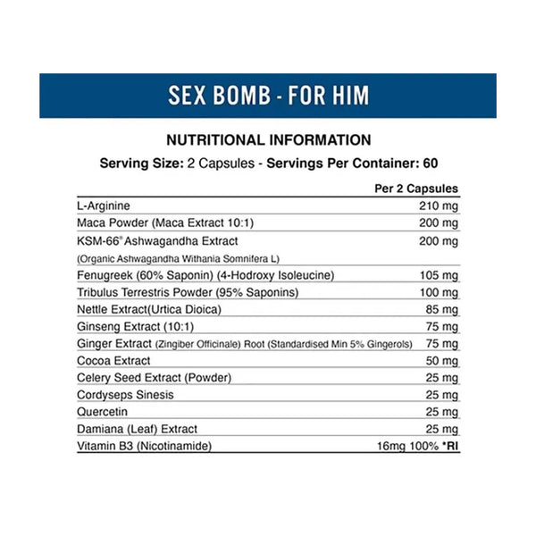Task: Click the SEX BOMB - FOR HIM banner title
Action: tap(268, 95)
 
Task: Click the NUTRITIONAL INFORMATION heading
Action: tap(268, 140)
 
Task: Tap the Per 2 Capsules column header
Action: tap(414, 188)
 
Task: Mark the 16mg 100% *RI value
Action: tap(415, 445)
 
